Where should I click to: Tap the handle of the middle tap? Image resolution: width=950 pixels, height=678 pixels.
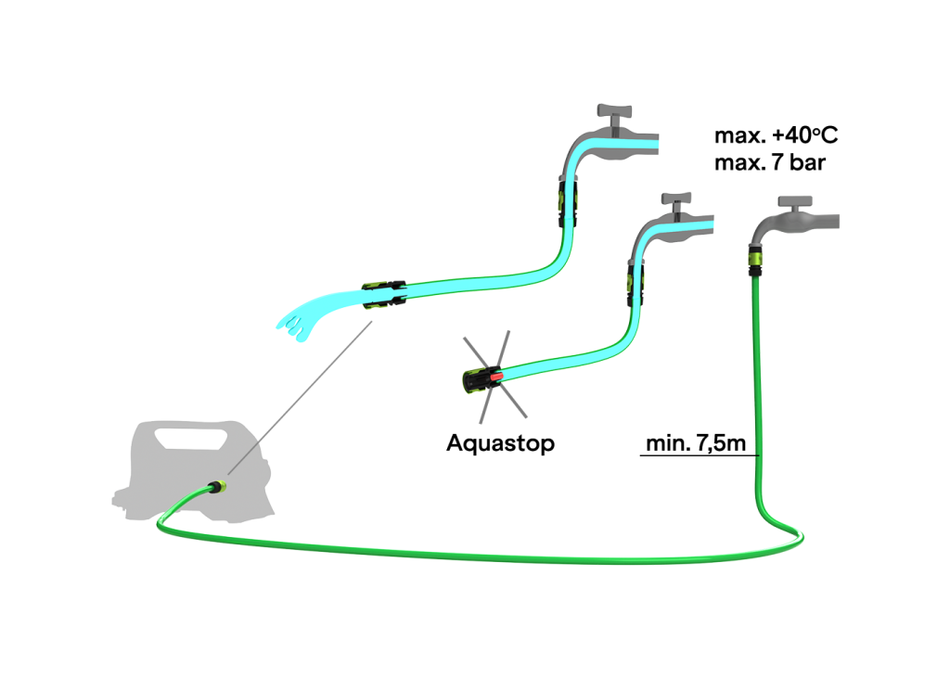pyautogui.click(x=675, y=198)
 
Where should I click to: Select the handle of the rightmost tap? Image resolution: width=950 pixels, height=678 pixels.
pyautogui.click(x=795, y=201)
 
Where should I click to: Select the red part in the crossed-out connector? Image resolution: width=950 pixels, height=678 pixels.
pyautogui.click(x=499, y=376)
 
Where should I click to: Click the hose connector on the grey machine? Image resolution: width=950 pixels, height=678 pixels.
pyautogui.click(x=217, y=486)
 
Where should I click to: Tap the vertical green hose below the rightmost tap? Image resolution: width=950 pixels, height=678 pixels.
pyautogui.click(x=757, y=390)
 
